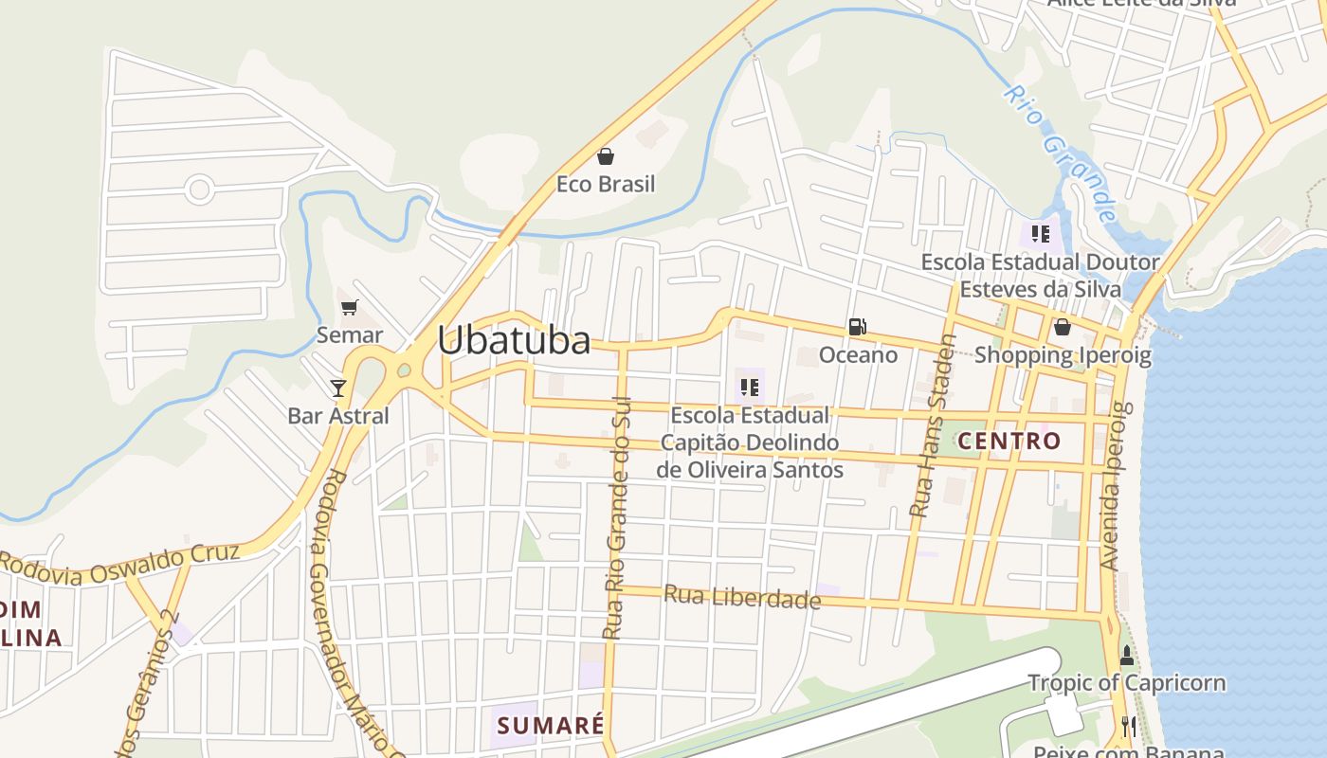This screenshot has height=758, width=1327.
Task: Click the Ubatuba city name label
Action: (x=514, y=340)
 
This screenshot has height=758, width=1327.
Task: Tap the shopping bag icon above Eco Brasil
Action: (x=606, y=156)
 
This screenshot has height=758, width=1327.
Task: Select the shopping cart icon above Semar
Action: (x=350, y=307)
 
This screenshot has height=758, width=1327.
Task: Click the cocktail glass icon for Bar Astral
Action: (x=337, y=387)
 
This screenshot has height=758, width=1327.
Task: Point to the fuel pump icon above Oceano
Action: (x=857, y=327)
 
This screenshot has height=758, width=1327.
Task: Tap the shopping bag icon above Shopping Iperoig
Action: (x=1063, y=328)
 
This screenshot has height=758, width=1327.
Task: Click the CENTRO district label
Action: (x=1009, y=441)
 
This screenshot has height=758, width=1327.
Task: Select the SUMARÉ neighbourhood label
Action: (x=551, y=726)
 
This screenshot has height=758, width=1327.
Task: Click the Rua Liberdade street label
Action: (x=742, y=598)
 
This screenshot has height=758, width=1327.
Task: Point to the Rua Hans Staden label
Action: (x=934, y=426)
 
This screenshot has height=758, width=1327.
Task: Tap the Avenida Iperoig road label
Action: (x=1116, y=486)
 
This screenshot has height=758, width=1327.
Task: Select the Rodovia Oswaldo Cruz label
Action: (x=118, y=565)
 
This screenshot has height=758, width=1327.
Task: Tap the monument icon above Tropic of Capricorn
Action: (x=1127, y=656)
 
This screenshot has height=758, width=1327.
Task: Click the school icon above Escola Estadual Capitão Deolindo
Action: (x=750, y=387)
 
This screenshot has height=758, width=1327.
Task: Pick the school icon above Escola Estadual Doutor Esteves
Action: (x=1041, y=233)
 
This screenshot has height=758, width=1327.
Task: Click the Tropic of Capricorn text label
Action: (x=1126, y=683)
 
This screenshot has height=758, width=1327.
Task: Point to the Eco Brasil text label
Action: (x=606, y=184)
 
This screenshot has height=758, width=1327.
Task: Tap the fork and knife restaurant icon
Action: (x=1128, y=727)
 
